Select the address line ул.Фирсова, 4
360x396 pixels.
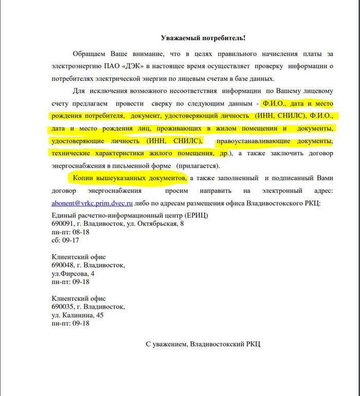pos(73,274)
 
